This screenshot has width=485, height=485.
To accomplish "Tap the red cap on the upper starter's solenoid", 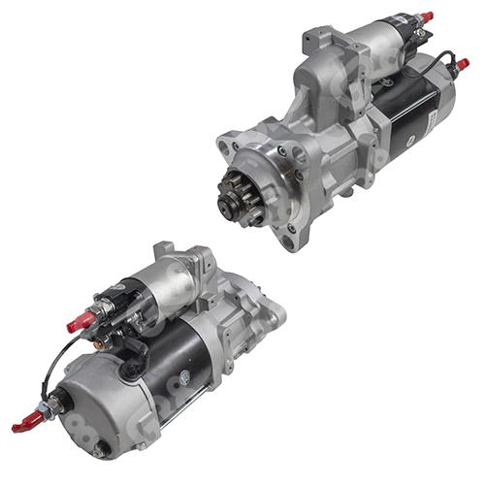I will pyautogui.click(x=426, y=17).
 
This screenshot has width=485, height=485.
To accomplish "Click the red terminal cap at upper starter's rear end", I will pyautogui.click(x=463, y=64).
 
